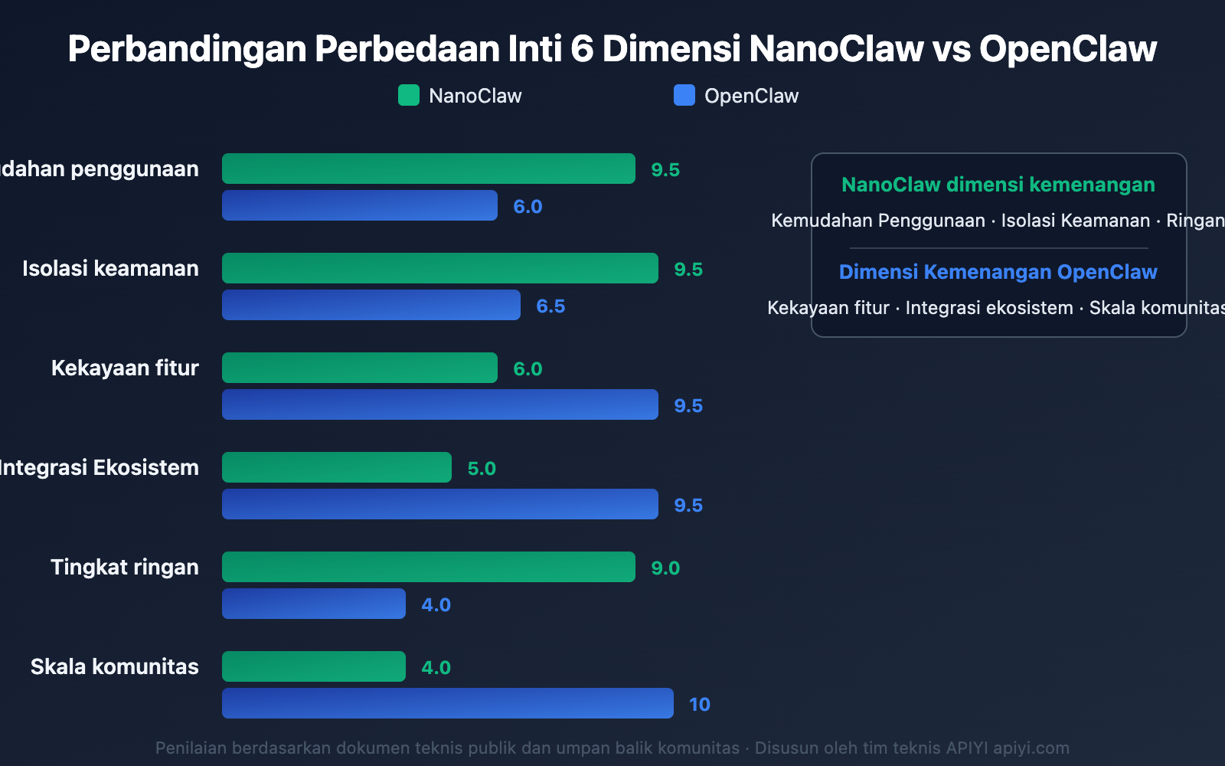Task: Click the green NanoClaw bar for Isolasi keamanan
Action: coord(440,268)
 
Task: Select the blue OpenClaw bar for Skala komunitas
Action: coord(448,703)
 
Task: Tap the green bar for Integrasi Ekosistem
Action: coord(337,467)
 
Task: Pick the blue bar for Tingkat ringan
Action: coord(314,604)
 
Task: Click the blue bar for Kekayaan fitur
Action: coord(440,404)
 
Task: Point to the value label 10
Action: coord(699,705)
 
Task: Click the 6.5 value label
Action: coord(550,306)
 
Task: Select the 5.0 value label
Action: coord(482,469)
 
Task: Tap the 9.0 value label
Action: coord(665,568)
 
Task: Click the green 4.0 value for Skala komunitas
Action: coord(436,668)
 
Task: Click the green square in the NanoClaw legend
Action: coord(409,96)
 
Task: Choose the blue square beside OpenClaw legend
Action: coord(684,96)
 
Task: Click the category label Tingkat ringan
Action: coord(125,568)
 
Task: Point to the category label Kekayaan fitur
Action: coord(125,368)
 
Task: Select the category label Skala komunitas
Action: coord(115,667)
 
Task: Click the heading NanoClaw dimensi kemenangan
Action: coord(998,185)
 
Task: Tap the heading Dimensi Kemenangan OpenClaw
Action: coord(998,272)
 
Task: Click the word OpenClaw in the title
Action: coord(1068,49)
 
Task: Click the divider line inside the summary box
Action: coord(998,248)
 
